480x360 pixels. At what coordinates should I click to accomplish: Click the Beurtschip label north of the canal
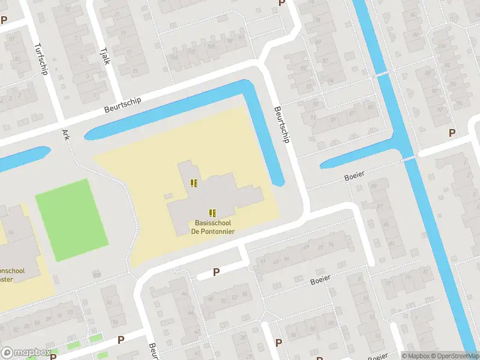pos(122,104)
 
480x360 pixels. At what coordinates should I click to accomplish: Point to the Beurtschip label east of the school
pos(281,125)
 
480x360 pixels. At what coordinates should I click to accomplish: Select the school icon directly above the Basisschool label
pos(212,212)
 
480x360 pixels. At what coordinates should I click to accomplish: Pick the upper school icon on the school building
pos(193,183)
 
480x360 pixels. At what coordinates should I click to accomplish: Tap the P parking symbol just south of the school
pos(217,272)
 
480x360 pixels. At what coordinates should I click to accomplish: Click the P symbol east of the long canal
pos(452,133)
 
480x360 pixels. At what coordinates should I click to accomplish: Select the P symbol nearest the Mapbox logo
pos(121,340)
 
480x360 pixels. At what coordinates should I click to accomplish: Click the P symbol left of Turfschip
pos(4,20)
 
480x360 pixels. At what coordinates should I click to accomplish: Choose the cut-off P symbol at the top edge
pos(281,3)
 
